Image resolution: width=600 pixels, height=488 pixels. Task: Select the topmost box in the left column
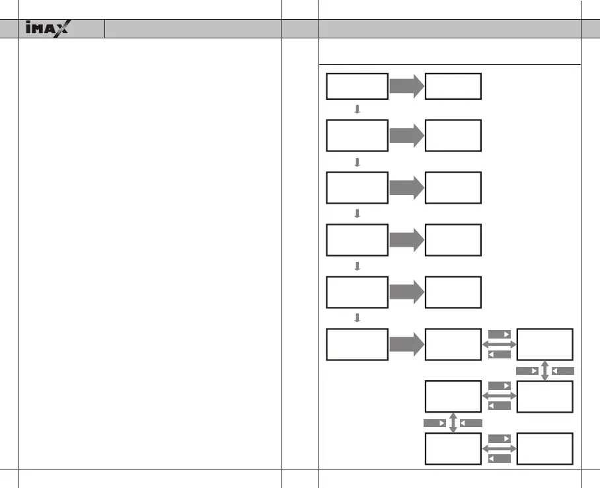357,86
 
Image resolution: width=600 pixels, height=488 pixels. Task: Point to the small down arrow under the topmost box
357,110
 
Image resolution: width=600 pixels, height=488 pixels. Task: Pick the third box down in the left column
357,187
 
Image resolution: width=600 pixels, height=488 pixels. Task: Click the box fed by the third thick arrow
453,187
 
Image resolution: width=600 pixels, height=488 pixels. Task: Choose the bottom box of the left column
357,344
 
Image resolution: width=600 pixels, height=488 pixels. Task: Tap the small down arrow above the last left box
357,318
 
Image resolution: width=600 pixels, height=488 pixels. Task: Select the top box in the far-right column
545,344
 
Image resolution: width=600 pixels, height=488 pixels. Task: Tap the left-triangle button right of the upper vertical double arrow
562,371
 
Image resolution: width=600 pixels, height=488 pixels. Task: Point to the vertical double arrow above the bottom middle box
453,423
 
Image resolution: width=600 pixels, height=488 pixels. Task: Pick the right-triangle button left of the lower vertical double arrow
435,423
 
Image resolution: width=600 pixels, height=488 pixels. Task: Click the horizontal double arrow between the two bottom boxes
499,448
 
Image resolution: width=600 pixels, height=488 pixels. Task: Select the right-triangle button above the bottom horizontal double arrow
500,438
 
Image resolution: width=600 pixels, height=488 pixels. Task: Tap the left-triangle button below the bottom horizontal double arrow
500,458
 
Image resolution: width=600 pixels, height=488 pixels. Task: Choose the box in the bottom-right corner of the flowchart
545,448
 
